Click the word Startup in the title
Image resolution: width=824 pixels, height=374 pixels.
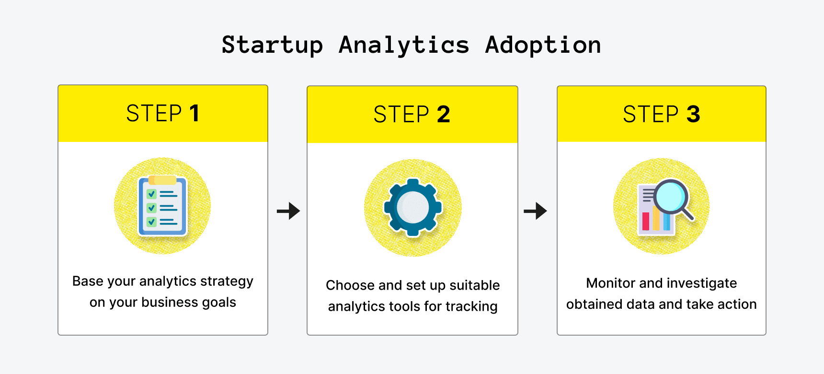(x=272, y=46)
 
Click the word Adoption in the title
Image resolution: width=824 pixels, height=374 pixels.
(x=543, y=46)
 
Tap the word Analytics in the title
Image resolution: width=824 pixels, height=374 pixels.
(x=404, y=46)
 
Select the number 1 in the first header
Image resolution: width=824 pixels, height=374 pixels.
(x=194, y=114)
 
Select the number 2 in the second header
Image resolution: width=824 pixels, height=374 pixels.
(x=443, y=115)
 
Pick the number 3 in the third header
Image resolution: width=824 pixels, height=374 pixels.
(x=693, y=115)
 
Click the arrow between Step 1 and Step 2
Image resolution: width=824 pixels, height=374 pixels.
(x=288, y=210)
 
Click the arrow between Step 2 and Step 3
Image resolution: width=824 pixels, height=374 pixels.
(x=535, y=210)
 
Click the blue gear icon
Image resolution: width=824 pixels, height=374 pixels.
(x=412, y=207)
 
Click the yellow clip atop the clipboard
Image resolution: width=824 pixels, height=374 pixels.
(x=162, y=180)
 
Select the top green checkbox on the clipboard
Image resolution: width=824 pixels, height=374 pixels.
(x=151, y=194)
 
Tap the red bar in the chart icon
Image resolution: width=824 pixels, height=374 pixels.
(x=646, y=221)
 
